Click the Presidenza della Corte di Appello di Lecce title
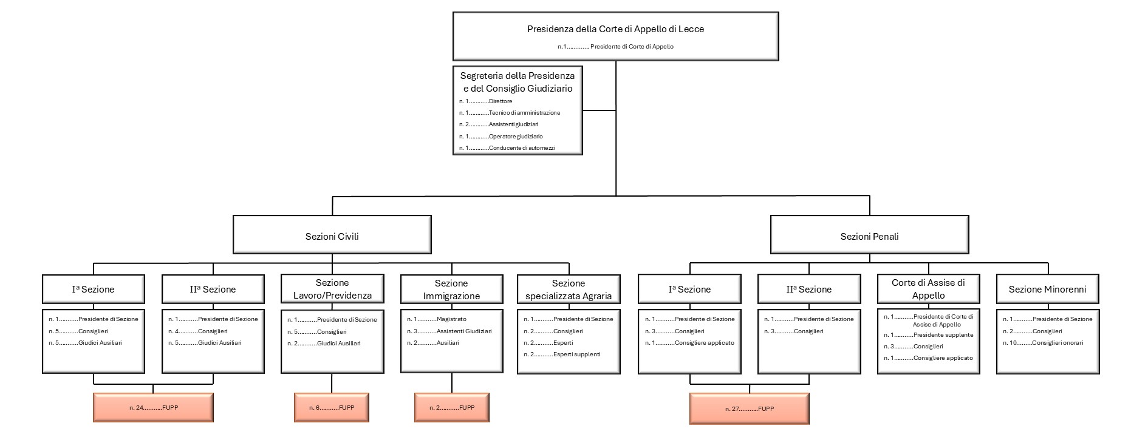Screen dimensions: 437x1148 click(615, 29)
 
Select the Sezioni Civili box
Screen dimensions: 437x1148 click(332, 236)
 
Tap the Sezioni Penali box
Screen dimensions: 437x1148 click(869, 236)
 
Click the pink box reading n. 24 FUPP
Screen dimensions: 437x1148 click(152, 408)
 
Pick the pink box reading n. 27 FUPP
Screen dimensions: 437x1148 click(749, 408)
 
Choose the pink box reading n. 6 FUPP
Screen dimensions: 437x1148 click(331, 407)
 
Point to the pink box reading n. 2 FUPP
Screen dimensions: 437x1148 click(451, 407)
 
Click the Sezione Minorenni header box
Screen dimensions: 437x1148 click(1047, 289)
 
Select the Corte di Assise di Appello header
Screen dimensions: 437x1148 click(928, 289)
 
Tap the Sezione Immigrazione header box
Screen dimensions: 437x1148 click(451, 290)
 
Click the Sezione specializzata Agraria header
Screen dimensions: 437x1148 click(568, 290)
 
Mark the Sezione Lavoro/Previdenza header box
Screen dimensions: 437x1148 click(332, 289)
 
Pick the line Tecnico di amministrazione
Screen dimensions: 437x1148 click(524, 113)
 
